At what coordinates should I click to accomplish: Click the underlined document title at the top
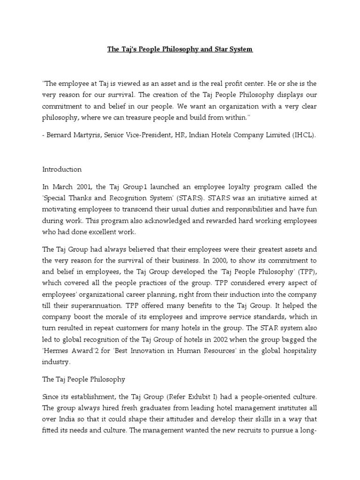[x=180, y=49]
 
